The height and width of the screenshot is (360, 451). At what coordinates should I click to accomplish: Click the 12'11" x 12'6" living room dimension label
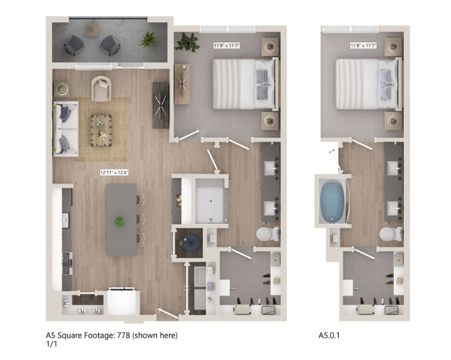click(114, 173)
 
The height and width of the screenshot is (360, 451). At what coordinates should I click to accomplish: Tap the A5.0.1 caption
click(329, 335)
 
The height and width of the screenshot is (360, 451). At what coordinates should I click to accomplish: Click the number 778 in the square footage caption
click(124, 335)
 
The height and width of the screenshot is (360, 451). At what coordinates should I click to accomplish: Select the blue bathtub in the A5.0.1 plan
click(332, 201)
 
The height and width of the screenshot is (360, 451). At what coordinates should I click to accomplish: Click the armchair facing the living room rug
click(101, 88)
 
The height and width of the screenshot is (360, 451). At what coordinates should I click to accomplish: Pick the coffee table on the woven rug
click(101, 131)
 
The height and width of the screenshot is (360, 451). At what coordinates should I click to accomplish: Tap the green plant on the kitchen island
click(120, 222)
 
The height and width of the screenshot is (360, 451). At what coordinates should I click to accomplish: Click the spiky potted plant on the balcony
click(148, 40)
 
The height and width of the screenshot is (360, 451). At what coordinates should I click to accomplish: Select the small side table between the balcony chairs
click(92, 30)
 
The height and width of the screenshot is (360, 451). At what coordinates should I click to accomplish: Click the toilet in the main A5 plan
click(268, 234)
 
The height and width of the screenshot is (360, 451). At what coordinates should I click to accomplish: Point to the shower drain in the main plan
click(211, 201)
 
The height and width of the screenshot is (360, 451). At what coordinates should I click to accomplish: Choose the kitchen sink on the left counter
click(66, 221)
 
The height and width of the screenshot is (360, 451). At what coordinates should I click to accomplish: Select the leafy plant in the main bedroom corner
click(188, 42)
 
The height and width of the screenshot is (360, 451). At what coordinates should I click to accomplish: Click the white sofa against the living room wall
click(66, 128)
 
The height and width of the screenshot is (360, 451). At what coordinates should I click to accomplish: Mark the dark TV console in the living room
click(160, 105)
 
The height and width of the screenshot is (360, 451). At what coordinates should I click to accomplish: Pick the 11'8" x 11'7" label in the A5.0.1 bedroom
click(363, 45)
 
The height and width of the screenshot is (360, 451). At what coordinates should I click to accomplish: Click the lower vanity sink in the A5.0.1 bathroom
click(393, 208)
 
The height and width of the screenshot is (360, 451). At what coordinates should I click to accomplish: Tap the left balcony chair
click(74, 45)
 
